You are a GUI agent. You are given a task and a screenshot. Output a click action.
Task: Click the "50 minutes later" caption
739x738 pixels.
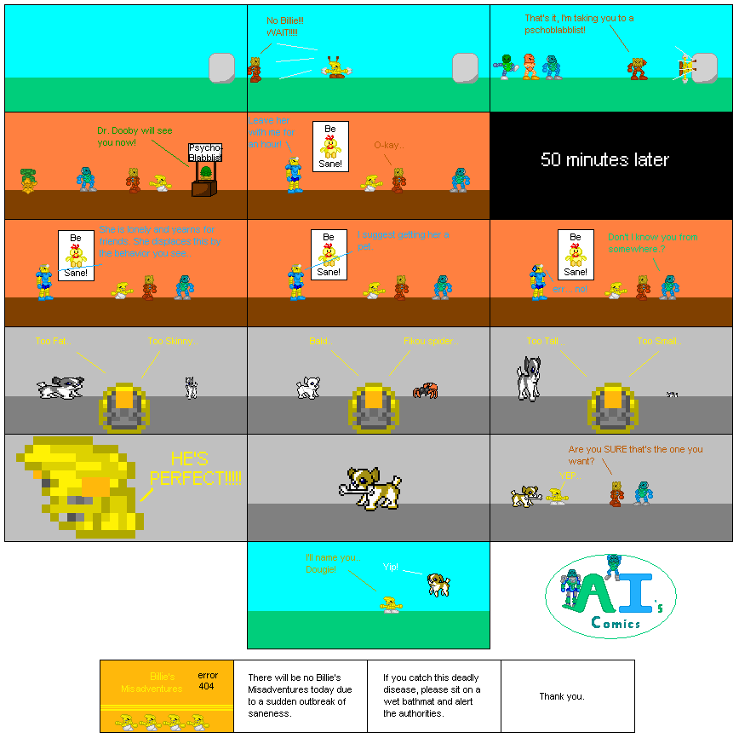[x=604, y=159]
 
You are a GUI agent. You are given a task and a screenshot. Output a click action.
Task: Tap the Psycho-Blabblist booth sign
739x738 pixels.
[x=204, y=153]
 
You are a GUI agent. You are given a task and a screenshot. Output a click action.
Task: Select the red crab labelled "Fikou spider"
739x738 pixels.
[x=425, y=389]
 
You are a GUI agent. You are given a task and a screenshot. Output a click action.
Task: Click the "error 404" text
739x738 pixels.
[x=206, y=680]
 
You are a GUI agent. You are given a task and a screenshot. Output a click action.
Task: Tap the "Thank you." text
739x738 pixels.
[x=562, y=696]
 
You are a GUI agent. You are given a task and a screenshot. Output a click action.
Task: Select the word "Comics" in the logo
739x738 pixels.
[x=616, y=623]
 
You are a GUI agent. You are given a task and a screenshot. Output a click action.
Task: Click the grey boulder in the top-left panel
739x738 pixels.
[x=221, y=67]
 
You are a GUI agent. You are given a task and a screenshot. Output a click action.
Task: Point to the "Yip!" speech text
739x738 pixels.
[x=391, y=567]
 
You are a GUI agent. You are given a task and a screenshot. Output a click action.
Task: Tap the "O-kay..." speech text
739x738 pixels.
[x=390, y=146]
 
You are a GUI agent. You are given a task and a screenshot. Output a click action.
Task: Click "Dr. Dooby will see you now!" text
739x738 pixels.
[x=135, y=135]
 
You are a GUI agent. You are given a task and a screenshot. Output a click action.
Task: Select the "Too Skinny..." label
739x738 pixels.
[x=173, y=341]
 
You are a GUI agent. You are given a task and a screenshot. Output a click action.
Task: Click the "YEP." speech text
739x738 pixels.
[x=567, y=476]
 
